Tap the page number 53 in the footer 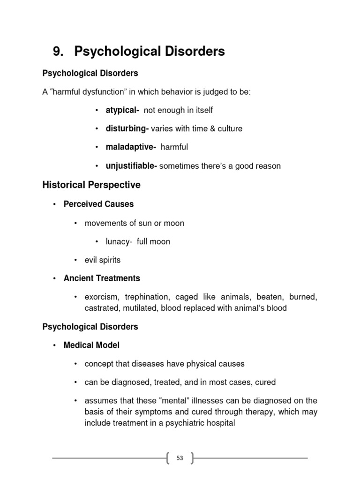180,458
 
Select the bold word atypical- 123,110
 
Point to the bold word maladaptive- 131,147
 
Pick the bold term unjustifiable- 132,166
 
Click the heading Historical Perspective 91,185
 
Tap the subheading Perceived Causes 98,204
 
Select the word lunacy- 119,241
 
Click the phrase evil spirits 103,260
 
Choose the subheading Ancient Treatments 102,278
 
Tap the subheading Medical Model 91,345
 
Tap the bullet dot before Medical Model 54,345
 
